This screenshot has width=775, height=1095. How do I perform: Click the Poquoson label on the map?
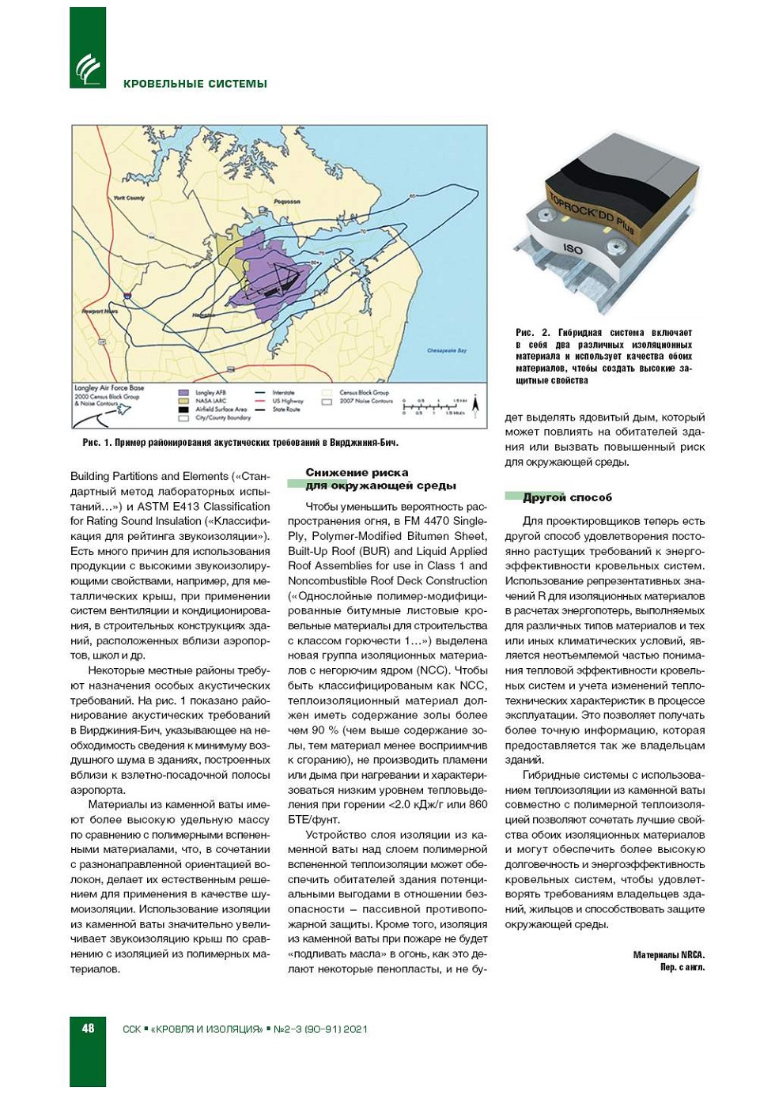point(287,202)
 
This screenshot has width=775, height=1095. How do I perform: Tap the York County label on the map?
point(129,198)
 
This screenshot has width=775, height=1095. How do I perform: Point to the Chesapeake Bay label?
point(447,350)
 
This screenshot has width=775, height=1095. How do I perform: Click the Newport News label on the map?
point(100,312)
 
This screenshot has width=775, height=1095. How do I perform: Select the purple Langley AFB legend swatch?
point(183,392)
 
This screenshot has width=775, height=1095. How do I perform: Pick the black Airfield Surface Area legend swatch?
point(183,410)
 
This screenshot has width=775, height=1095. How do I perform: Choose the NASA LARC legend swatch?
point(183,401)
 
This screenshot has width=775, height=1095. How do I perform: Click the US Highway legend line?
point(259,401)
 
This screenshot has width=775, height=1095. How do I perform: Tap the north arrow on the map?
point(476,404)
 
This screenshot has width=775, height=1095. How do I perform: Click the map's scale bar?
point(433,406)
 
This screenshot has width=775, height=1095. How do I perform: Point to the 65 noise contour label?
point(412,195)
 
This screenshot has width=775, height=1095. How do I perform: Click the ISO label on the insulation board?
point(573,249)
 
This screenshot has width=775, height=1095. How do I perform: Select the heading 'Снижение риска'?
point(357,473)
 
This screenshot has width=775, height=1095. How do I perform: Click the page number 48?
point(88,1028)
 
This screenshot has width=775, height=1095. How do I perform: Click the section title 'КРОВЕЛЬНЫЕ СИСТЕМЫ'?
point(195,84)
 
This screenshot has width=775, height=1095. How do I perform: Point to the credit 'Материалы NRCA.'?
point(668,955)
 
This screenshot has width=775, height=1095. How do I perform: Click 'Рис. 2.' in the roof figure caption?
point(532,333)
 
